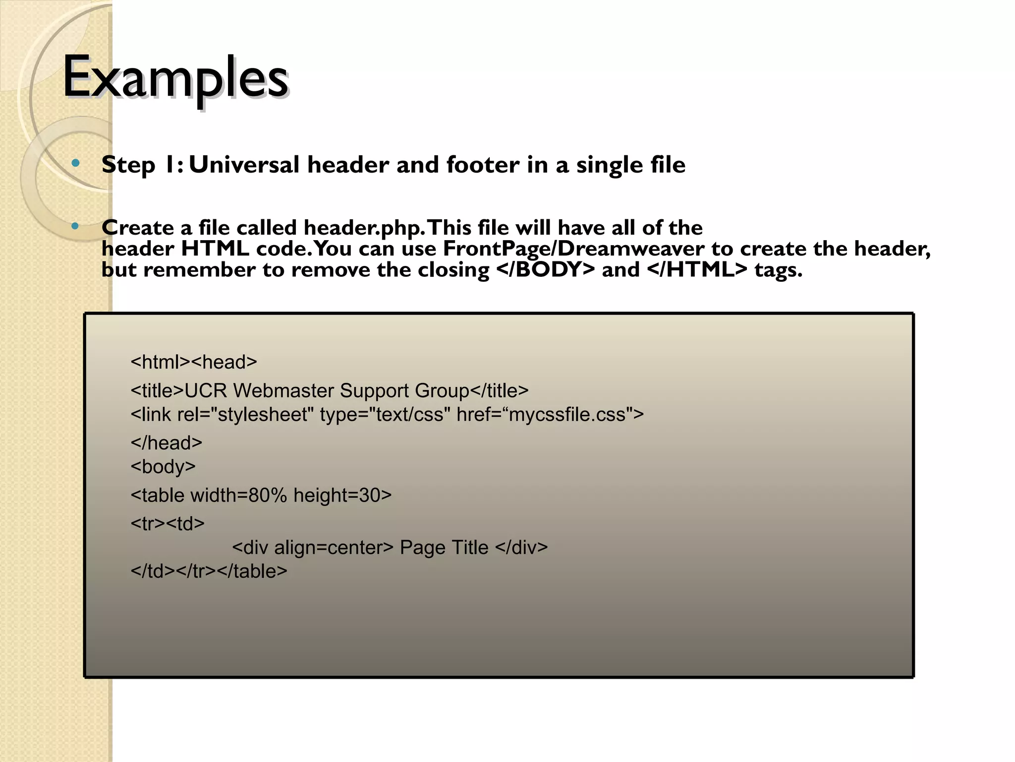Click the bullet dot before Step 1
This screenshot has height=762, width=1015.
click(x=75, y=163)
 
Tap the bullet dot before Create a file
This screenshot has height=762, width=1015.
click(x=75, y=227)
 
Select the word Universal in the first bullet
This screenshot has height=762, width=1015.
click(x=244, y=165)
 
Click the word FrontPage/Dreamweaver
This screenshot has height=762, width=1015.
click(x=573, y=249)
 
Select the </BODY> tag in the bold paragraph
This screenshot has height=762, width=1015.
click(x=545, y=270)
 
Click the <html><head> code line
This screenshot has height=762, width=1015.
click(x=194, y=362)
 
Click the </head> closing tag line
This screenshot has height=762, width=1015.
click(x=167, y=443)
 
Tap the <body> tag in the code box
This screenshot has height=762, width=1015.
click(x=163, y=467)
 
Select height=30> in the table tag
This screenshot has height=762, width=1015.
click(x=342, y=496)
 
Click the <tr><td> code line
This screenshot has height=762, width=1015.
click(x=168, y=524)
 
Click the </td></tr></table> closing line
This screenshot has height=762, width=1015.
click(x=209, y=571)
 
